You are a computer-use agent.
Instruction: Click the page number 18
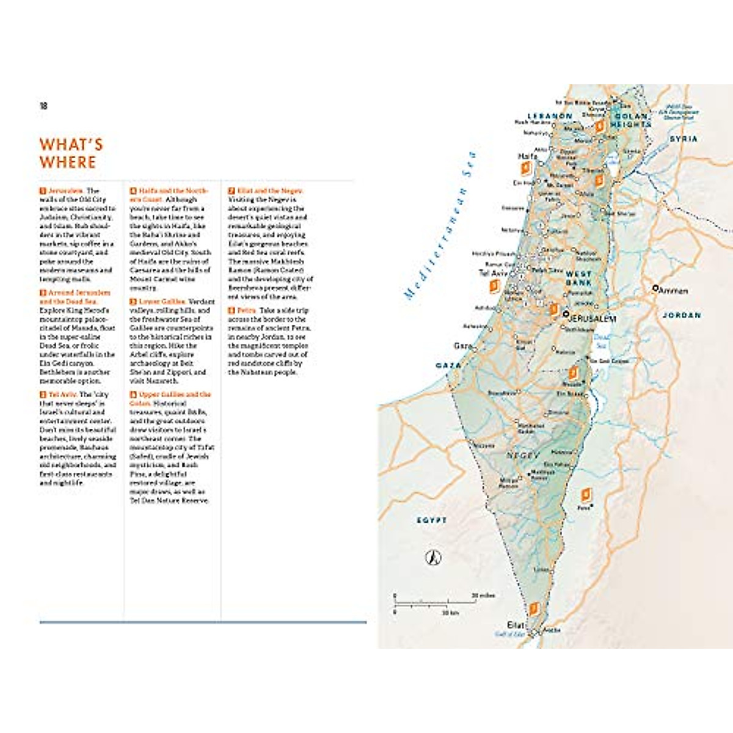[x=43, y=106]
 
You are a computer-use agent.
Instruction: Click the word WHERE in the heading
[x=68, y=162]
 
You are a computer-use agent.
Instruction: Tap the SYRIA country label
[x=683, y=139]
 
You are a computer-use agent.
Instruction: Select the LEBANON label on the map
[x=550, y=116]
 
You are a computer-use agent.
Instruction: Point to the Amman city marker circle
[x=655, y=288]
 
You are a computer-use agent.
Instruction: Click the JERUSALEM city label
[x=592, y=318]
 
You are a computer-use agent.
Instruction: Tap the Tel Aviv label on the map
[x=493, y=273]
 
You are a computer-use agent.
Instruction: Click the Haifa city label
[x=527, y=156]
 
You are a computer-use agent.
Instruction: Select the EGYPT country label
[x=432, y=520]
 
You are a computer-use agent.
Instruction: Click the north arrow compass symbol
[x=433, y=557]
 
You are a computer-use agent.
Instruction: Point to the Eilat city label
[x=516, y=625]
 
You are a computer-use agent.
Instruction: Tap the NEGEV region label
[x=523, y=456]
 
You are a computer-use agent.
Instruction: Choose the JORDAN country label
[x=681, y=315]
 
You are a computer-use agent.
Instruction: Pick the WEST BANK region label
[x=578, y=279]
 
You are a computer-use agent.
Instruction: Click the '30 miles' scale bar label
[x=483, y=595]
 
